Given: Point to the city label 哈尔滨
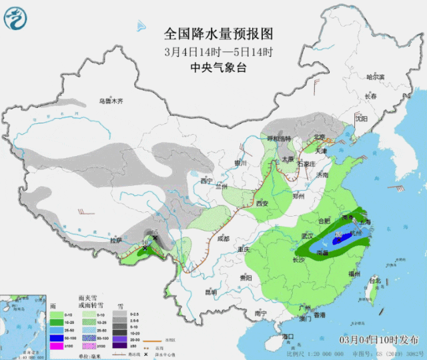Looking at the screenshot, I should tap(376, 77).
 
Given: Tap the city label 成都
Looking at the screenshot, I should tap(222, 238).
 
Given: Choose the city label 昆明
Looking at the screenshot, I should tap(211, 291).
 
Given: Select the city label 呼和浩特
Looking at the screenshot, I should tap(279, 138).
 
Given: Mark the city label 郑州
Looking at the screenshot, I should tap(302, 196).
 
